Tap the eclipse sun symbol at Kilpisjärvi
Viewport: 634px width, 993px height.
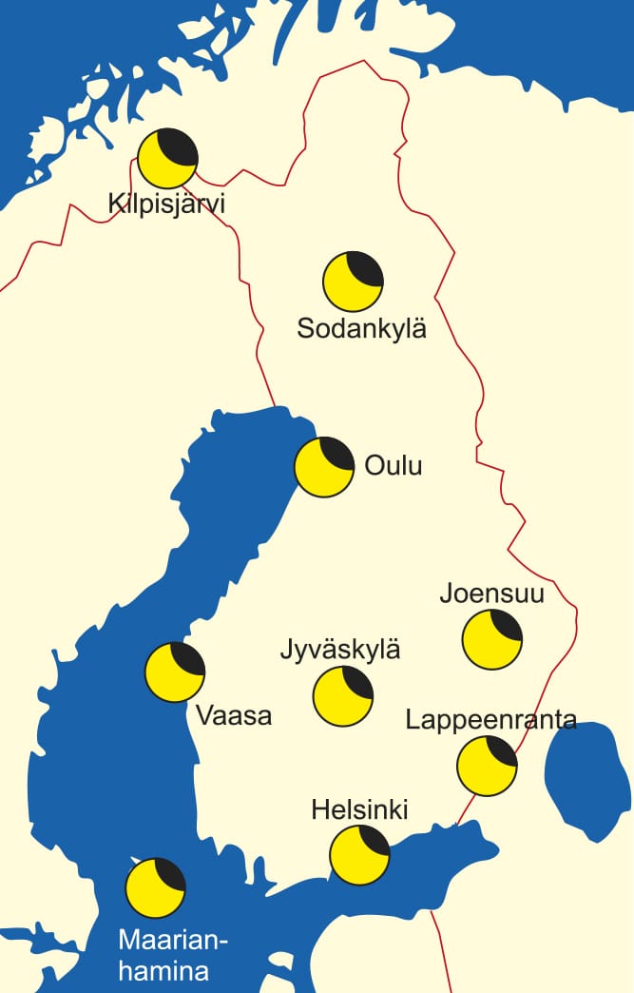tap(167, 158)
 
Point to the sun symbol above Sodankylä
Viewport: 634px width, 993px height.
tap(353, 282)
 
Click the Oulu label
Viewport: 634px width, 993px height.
tap(393, 466)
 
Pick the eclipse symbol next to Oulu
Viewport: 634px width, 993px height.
tap(324, 467)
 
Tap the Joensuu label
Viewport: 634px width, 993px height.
tap(491, 594)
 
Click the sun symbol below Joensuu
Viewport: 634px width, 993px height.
tap(492, 640)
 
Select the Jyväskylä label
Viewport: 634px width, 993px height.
tap(340, 651)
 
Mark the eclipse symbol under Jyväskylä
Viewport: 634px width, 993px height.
tap(343, 696)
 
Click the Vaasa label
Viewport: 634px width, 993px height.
tap(234, 714)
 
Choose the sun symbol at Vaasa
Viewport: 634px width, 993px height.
tap(175, 672)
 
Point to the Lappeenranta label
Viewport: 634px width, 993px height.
tap(490, 719)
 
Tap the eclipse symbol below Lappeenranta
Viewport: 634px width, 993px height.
tap(487, 766)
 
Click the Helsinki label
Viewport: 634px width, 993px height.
tap(359, 809)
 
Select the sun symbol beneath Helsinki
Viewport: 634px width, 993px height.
tap(359, 854)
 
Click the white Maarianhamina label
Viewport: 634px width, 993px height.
tap(173, 956)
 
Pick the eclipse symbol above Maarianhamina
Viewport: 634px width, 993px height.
tap(156, 887)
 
